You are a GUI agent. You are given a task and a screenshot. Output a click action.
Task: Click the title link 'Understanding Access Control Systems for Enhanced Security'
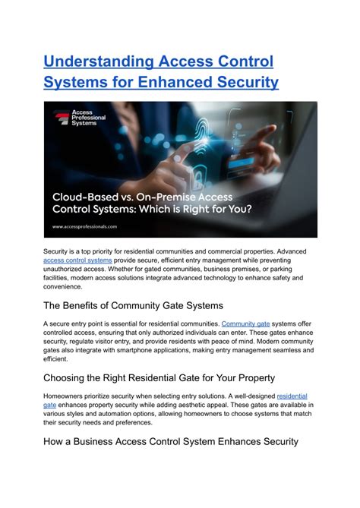coord(161,71)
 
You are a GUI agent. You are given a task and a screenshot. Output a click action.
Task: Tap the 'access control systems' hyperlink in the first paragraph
coord(78,260)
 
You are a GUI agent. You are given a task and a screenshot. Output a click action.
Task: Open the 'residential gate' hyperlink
coord(292,396)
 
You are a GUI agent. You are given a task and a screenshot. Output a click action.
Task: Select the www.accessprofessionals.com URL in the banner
coord(84,226)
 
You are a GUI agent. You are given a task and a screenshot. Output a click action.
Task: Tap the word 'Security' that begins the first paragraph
coord(58,251)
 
